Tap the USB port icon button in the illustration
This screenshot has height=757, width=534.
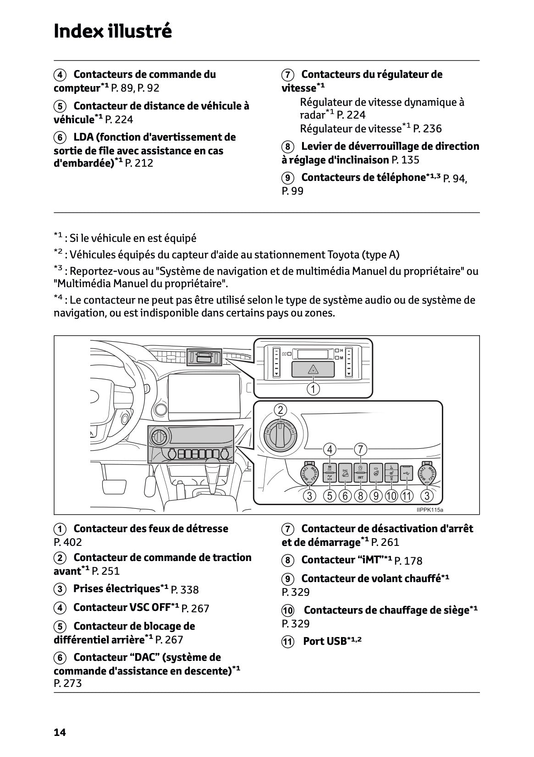tap(406, 473)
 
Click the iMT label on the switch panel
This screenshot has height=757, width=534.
tap(361, 478)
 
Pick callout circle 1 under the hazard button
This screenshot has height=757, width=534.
tap(313, 389)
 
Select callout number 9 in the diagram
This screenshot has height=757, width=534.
tap(376, 496)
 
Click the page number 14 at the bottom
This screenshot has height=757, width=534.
tap(60, 732)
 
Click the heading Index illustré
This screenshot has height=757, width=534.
tap(113, 31)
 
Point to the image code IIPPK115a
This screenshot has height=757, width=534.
tap(429, 510)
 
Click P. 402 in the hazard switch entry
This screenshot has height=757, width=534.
tap(68, 542)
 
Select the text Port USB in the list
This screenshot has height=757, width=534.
tap(325, 641)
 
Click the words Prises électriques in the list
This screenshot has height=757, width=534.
tap(116, 588)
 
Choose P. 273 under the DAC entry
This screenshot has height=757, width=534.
tap(68, 683)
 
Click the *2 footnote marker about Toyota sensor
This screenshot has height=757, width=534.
tap(58, 252)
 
